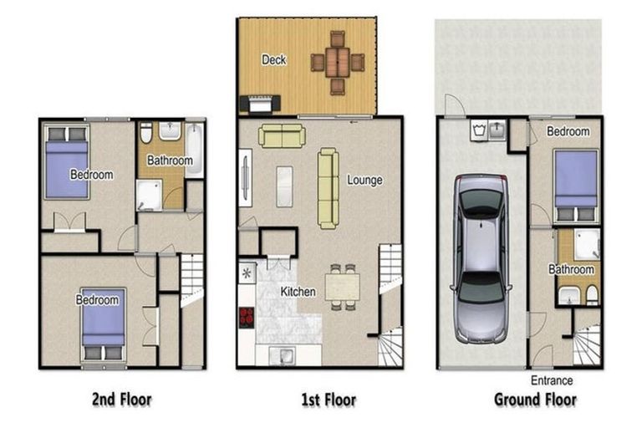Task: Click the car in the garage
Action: click(481, 258)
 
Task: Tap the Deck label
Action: click(274, 60)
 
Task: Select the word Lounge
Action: click(364, 181)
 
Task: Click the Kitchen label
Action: click(298, 292)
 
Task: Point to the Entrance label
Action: click(552, 380)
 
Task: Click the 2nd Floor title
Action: click(122, 400)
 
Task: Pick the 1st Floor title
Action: click(329, 400)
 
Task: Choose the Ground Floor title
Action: click(536, 400)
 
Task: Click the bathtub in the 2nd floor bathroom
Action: click(195, 149)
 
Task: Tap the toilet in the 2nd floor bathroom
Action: click(145, 131)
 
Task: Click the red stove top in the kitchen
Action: click(247, 318)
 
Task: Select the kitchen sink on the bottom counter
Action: click(282, 354)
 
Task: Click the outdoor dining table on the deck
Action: click(338, 63)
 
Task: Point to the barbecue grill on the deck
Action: click(260, 103)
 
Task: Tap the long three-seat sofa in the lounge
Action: click(329, 188)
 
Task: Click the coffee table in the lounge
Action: click(284, 186)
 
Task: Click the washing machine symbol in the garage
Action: click(478, 130)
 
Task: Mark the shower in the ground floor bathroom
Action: click(587, 245)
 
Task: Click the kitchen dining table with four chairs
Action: click(342, 287)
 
